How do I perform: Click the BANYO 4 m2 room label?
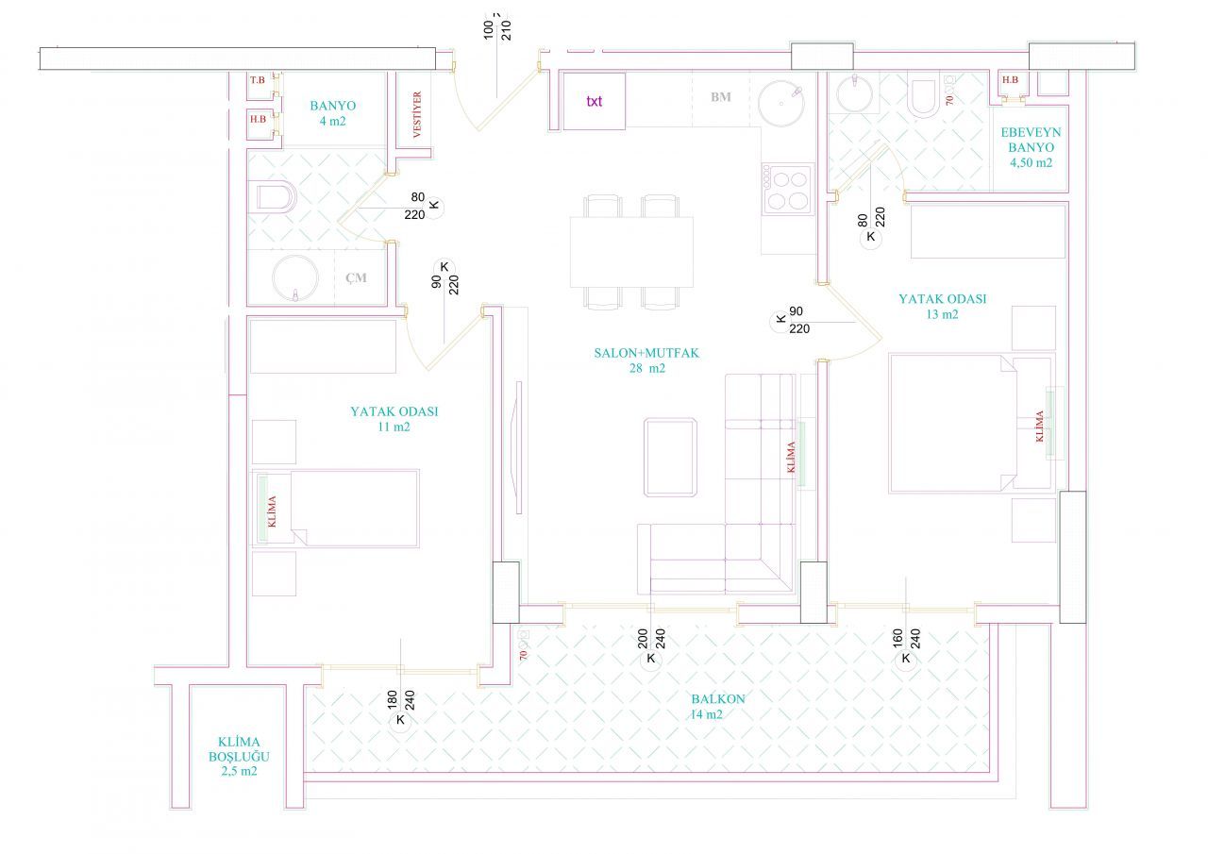[333, 113]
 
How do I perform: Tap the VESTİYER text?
[417, 114]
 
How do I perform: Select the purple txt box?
[594, 101]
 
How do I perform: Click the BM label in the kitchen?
[720, 97]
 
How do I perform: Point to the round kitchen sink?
[780, 104]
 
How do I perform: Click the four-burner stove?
[787, 190]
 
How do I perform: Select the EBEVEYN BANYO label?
[1031, 147]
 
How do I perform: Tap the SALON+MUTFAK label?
[646, 360]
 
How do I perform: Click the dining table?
[631, 252]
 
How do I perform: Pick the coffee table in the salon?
[670, 457]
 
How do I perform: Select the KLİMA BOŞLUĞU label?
[239, 756]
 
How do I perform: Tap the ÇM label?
[356, 277]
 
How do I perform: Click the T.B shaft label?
[258, 80]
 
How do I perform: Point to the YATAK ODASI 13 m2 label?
[942, 307]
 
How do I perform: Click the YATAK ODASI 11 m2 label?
[394, 419]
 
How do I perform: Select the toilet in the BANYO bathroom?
[274, 197]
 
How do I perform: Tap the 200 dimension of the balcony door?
[643, 638]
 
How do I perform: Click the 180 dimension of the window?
[392, 699]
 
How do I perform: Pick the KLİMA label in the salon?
[791, 457]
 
